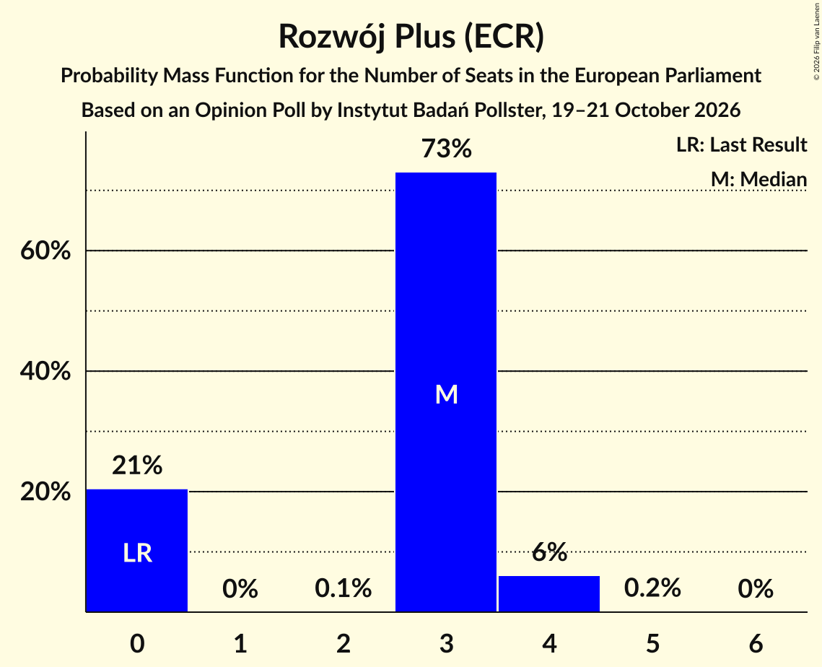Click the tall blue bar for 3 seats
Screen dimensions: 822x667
[x=445, y=392]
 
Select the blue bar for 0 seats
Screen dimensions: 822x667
[x=137, y=550]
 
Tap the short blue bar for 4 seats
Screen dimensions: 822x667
[x=549, y=593]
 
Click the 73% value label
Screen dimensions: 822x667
[x=447, y=149]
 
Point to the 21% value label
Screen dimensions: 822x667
[x=137, y=465]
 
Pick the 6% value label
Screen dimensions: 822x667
[x=549, y=552]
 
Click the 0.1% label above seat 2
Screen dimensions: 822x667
[x=344, y=588]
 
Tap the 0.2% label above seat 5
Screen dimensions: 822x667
[x=652, y=588]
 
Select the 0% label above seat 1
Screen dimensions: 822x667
[x=240, y=588]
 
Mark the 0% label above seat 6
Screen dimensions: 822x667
[x=756, y=588]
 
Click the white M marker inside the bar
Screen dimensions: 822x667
[x=447, y=394]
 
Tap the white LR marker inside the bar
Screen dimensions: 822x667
[x=137, y=553]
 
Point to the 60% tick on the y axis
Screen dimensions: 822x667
[x=45, y=250]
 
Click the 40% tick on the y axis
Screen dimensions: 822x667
[x=45, y=371]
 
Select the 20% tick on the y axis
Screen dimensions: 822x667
[x=45, y=492]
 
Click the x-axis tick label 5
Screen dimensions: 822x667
[x=652, y=643]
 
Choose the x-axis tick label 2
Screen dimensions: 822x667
[x=344, y=643]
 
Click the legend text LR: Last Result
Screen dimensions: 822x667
[x=741, y=144]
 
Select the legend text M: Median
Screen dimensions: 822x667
[x=758, y=179]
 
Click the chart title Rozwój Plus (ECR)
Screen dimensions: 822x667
[x=411, y=37]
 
